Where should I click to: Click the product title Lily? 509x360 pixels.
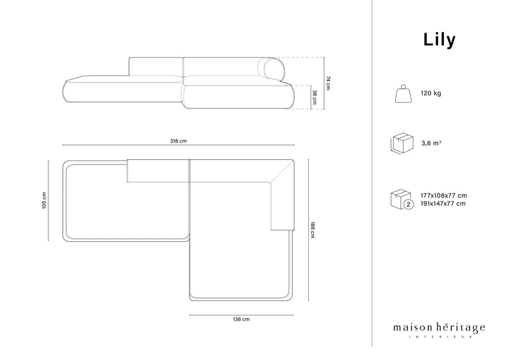[x=439, y=40]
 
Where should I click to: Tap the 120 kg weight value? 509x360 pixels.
[x=431, y=93]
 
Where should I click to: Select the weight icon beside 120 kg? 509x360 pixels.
[x=404, y=94]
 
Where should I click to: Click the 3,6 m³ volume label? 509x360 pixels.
[x=431, y=143]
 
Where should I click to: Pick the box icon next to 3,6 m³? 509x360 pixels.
[x=402, y=143]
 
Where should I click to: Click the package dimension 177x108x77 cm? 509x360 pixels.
[x=444, y=196]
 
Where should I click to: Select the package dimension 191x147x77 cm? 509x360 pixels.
[x=443, y=204]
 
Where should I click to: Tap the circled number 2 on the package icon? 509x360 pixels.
[x=409, y=204]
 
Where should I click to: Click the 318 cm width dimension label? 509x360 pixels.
[x=178, y=141]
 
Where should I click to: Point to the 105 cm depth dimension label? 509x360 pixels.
[x=44, y=201]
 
